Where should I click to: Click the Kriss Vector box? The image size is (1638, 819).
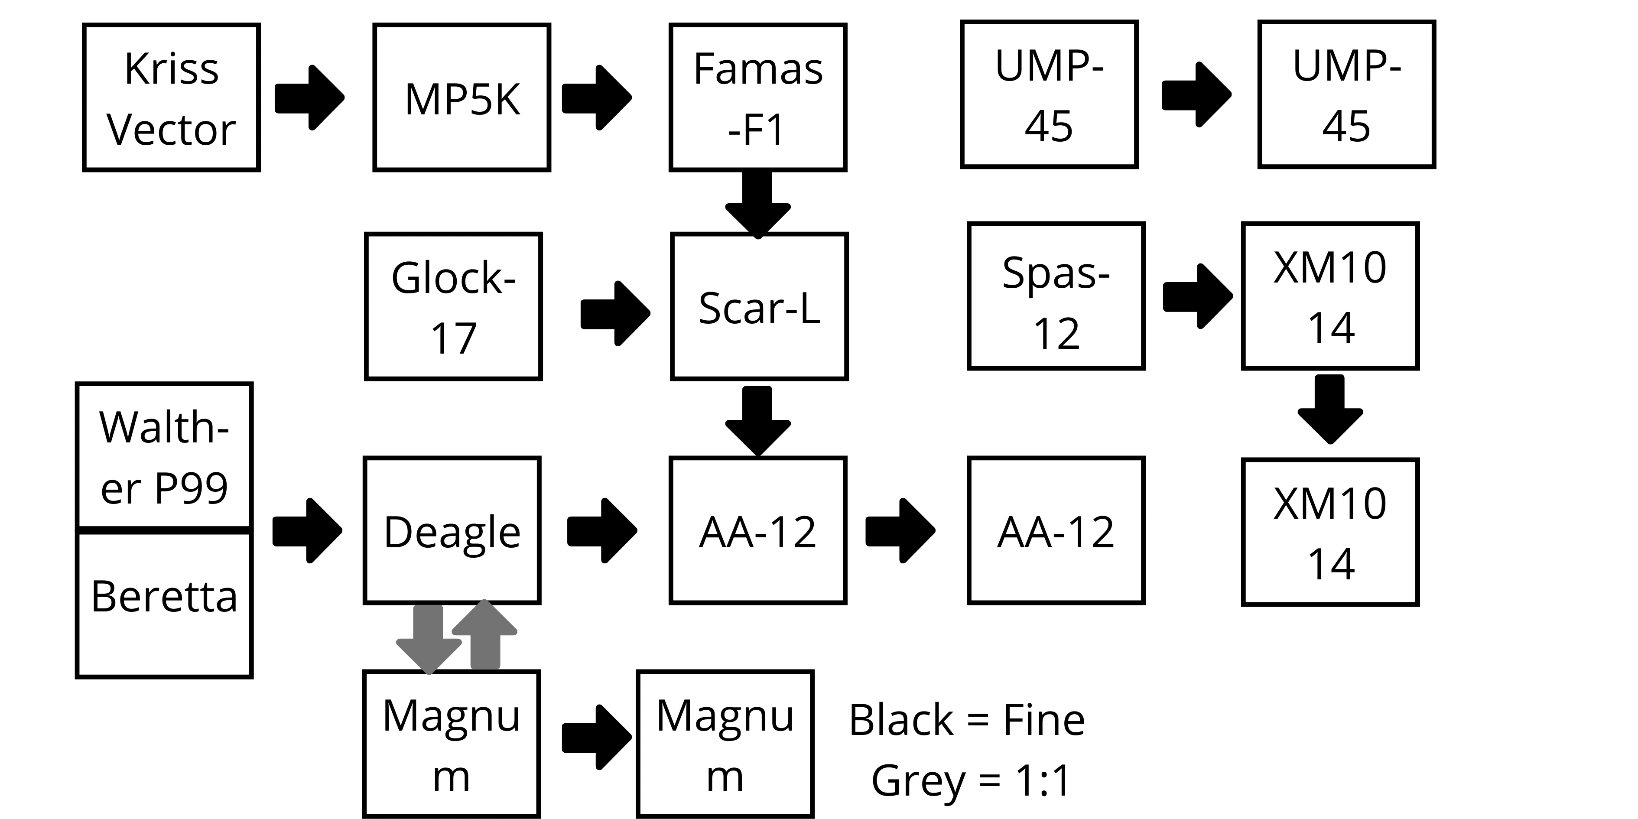(171, 97)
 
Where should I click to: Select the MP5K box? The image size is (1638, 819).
(461, 97)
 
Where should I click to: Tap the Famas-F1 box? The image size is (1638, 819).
(757, 97)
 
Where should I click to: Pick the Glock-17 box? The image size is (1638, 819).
(453, 306)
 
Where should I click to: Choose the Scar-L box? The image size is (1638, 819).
(759, 306)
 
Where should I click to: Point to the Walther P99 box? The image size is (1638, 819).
(164, 455)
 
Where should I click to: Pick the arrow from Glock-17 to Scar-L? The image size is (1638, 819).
(615, 313)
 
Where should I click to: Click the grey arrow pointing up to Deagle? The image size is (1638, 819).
(484, 634)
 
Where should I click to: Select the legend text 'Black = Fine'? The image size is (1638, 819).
(966, 721)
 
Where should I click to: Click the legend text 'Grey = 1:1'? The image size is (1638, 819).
(971, 780)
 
